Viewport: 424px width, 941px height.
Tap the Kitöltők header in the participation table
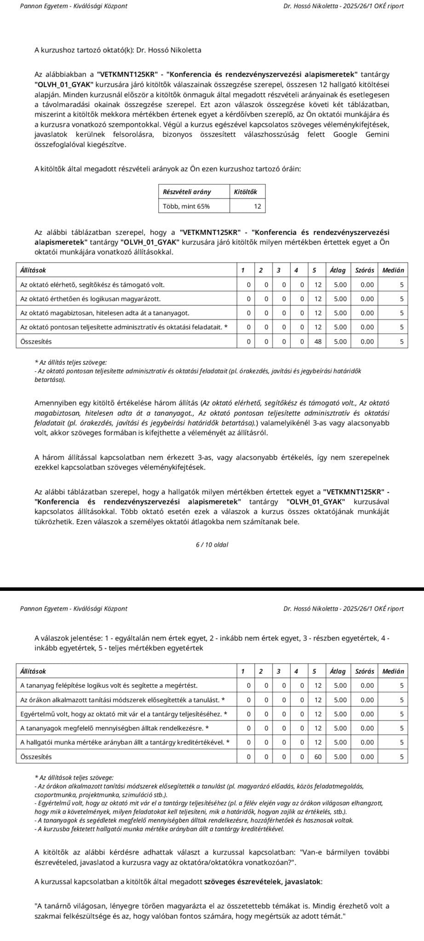coord(246,192)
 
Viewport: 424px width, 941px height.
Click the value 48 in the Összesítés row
coord(318,342)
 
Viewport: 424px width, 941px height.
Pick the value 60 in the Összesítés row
coord(318,757)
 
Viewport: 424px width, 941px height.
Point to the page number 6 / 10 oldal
coord(212,545)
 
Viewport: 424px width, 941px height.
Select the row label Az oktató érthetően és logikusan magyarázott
coord(91,299)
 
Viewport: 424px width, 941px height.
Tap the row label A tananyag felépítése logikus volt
coord(109,686)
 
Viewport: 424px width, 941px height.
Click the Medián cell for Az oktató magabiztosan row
coord(401,313)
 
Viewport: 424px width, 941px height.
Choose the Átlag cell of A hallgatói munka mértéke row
coord(340,743)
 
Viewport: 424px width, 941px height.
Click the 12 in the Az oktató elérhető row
coord(318,285)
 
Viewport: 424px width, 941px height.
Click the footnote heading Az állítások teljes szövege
coord(74,778)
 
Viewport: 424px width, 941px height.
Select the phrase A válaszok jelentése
coord(69,638)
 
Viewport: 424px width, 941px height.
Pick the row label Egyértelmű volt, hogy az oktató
coord(123,714)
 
